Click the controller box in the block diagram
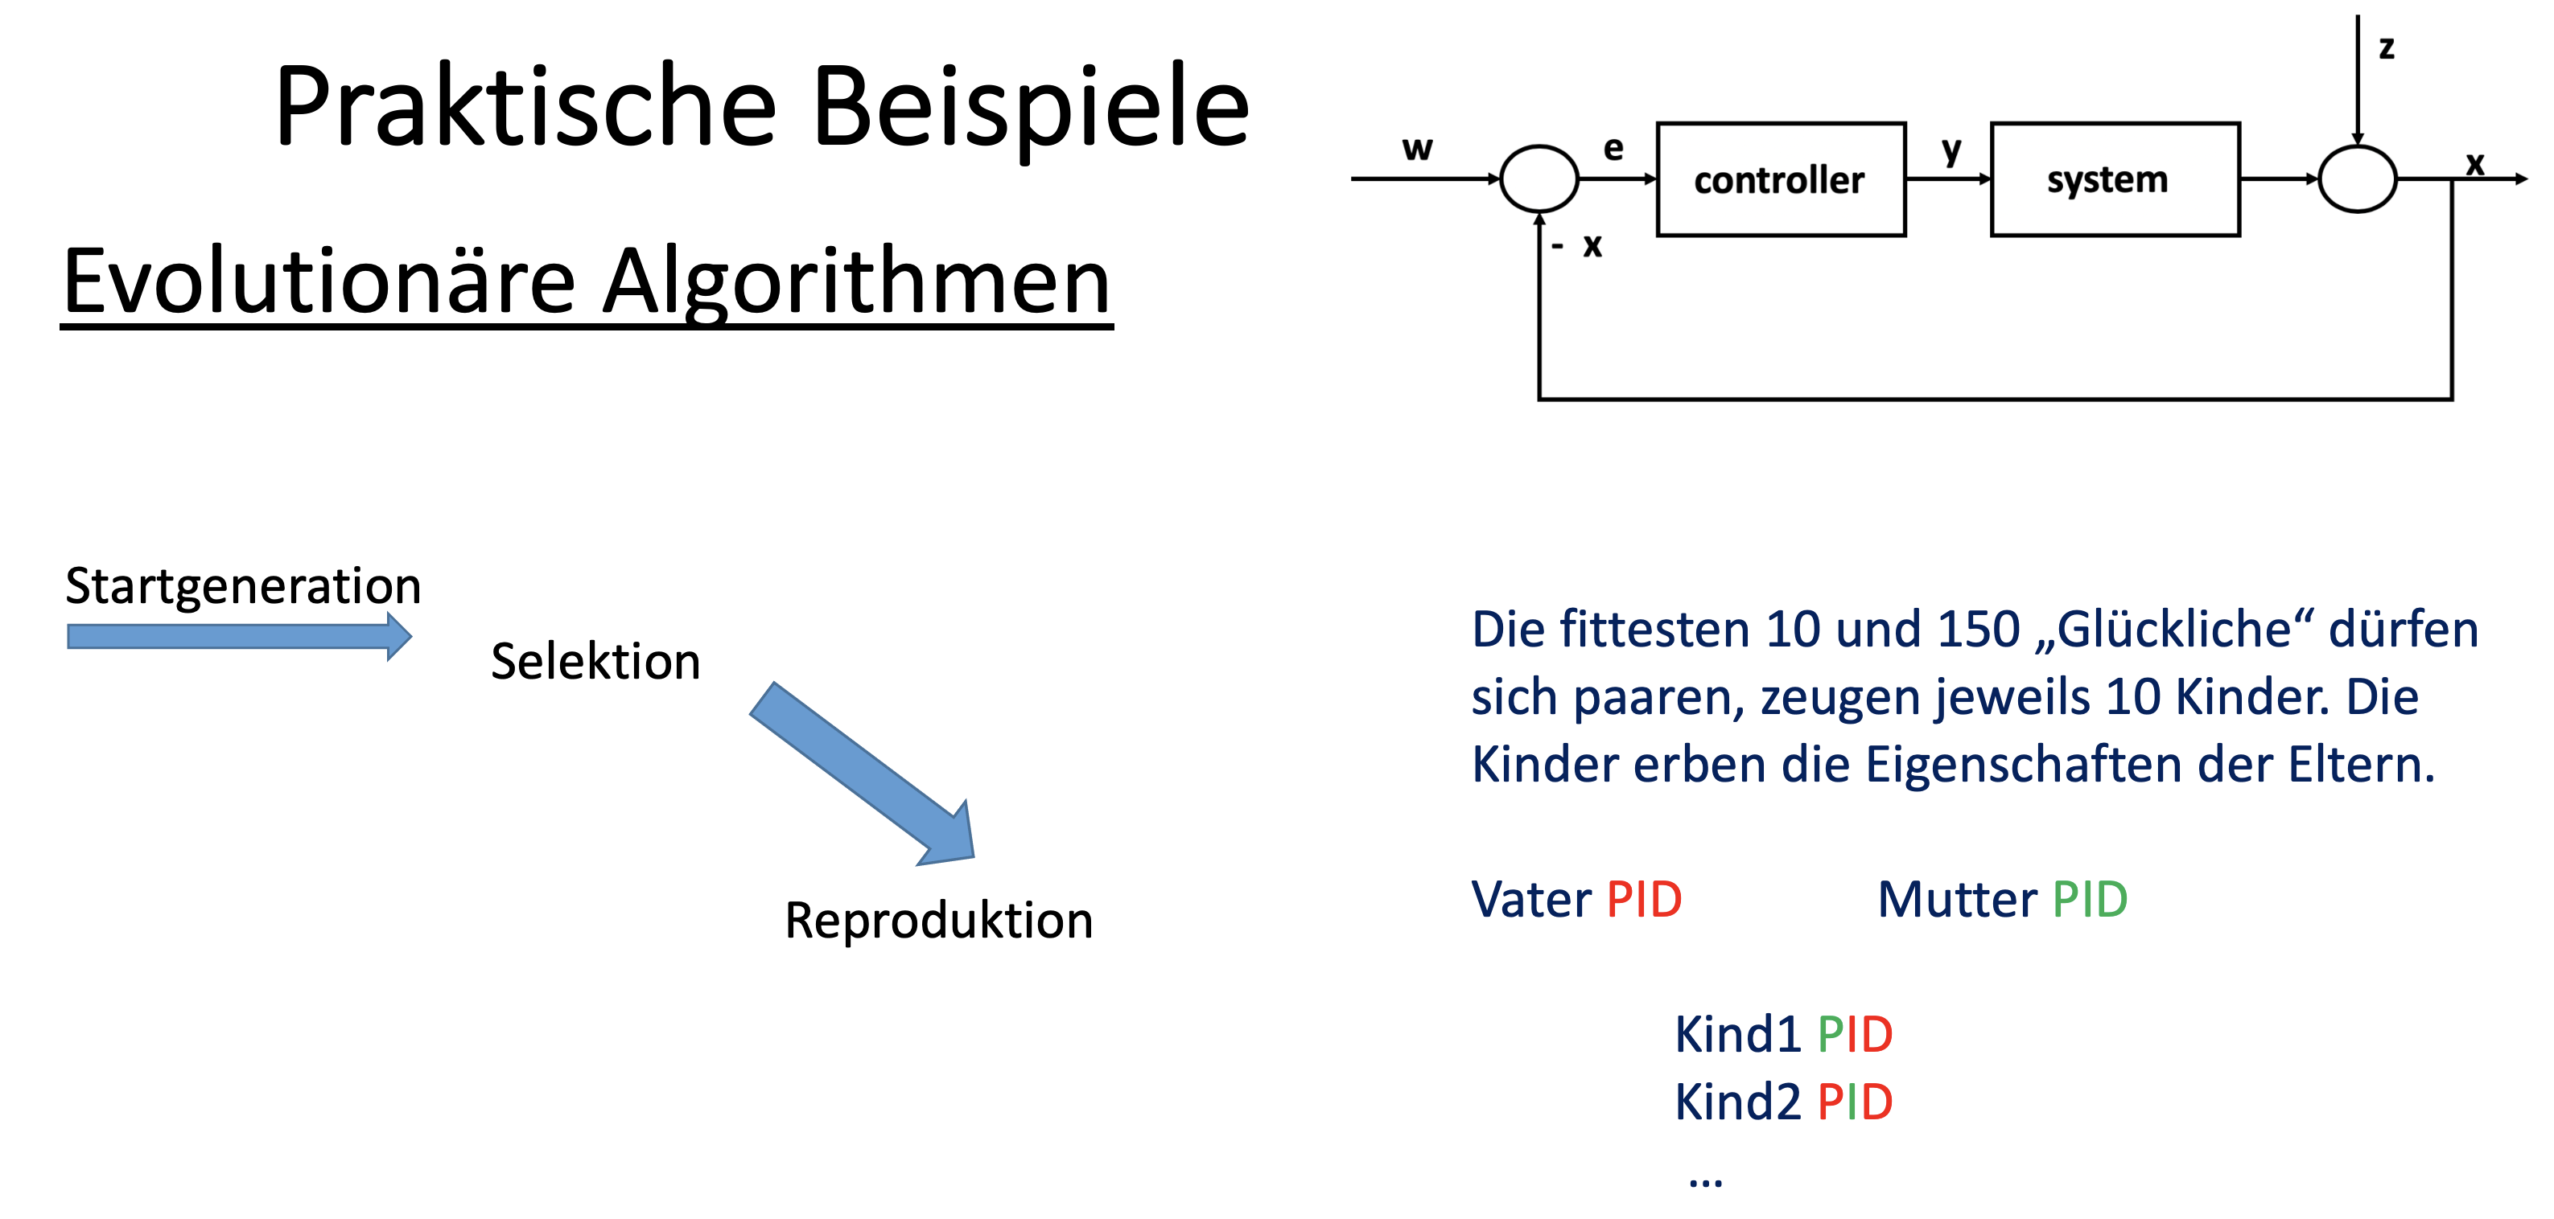1780,179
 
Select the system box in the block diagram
2114,179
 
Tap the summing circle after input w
1539,179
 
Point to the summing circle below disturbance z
2357,179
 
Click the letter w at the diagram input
1417,148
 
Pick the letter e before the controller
1613,148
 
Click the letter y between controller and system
1951,150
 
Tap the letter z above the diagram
2387,47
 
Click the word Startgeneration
243,585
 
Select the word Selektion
595,661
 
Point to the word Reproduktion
938,920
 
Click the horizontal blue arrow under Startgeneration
238,636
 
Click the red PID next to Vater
1644,899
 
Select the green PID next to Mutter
2089,899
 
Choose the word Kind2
1737,1101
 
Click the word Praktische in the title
525,106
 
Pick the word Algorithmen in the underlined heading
857,282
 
